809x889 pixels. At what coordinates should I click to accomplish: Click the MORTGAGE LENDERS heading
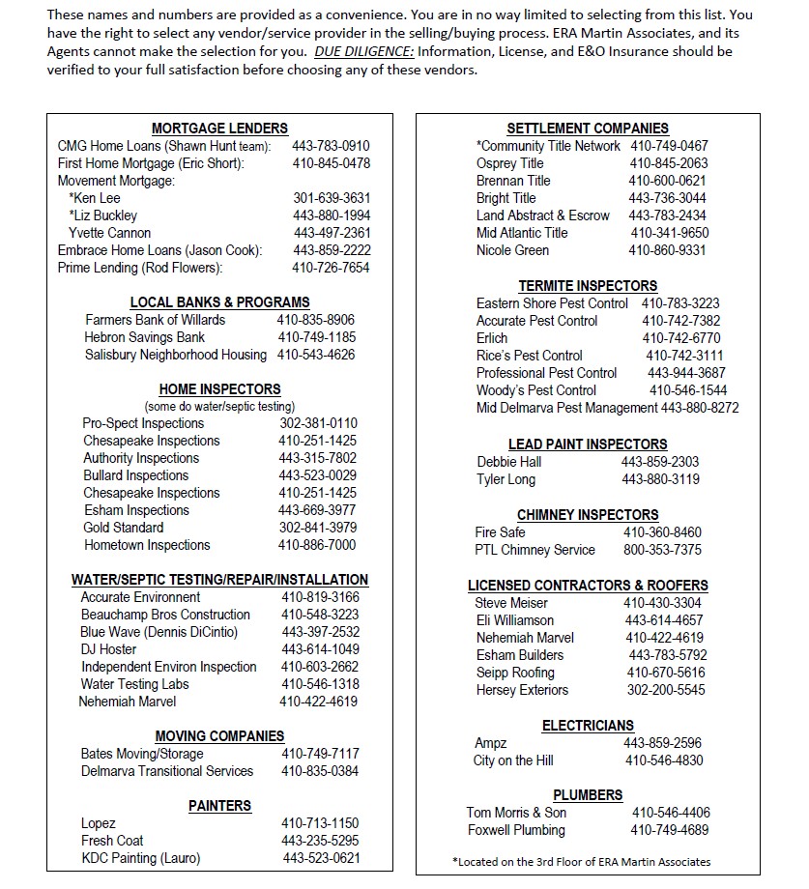coord(219,129)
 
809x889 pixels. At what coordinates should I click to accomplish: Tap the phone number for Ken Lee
coord(332,198)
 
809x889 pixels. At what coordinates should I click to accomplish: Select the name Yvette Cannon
coord(109,233)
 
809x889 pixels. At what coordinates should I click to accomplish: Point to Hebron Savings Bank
coord(144,337)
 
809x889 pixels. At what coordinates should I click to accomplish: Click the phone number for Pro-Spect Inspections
coord(318,423)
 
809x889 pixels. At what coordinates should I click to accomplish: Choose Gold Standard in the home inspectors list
coord(123,528)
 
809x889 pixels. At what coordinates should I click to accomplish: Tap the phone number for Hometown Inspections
coord(317,545)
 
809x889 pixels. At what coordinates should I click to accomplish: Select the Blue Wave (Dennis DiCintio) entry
coord(159,632)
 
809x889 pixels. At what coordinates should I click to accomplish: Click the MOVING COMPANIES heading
coord(219,736)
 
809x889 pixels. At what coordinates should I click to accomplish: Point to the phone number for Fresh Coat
coord(320,841)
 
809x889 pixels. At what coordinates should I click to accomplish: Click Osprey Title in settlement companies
coord(509,163)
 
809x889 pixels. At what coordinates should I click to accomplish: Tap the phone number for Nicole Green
coord(667,250)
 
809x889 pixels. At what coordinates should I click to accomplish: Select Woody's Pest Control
coord(535,390)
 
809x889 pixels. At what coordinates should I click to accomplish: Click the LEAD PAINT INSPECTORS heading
coord(587,444)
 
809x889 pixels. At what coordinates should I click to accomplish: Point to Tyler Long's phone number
coord(660,479)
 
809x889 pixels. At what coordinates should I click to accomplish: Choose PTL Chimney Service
coord(535,550)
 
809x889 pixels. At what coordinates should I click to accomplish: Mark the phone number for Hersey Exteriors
coord(666,690)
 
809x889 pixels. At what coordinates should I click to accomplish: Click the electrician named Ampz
coord(490,743)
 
